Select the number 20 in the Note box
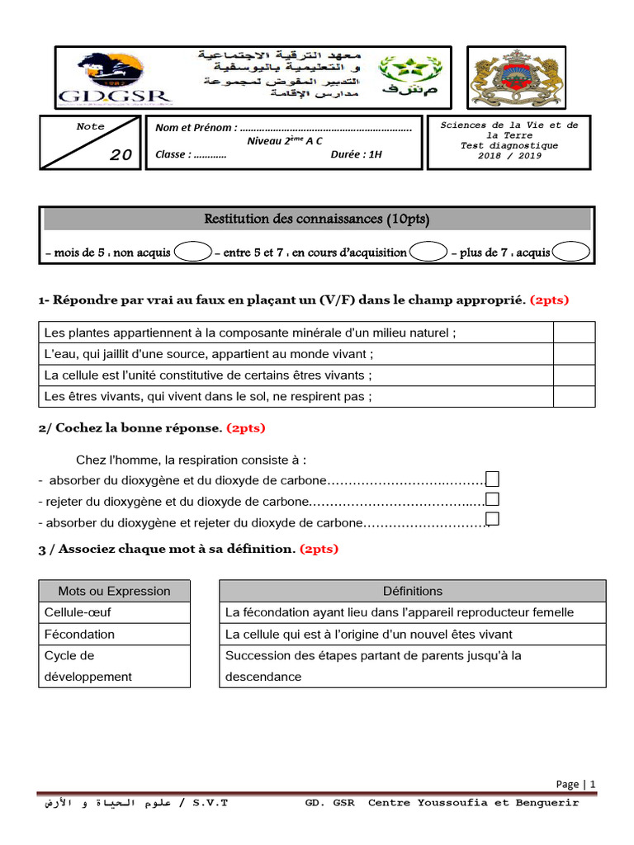121,155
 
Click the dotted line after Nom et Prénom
326,128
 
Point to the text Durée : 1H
357,154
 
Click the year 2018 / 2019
509,155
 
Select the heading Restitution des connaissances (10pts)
317,220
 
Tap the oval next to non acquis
193,252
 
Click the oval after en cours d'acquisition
428,252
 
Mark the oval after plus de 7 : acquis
571,252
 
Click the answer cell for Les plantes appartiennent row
574,333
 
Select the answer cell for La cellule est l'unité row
574,375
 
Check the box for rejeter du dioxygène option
493,499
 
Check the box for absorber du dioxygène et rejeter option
493,519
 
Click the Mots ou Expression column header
114,591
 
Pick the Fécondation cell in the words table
114,634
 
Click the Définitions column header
412,591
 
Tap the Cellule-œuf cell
114,612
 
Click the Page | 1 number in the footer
575,785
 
